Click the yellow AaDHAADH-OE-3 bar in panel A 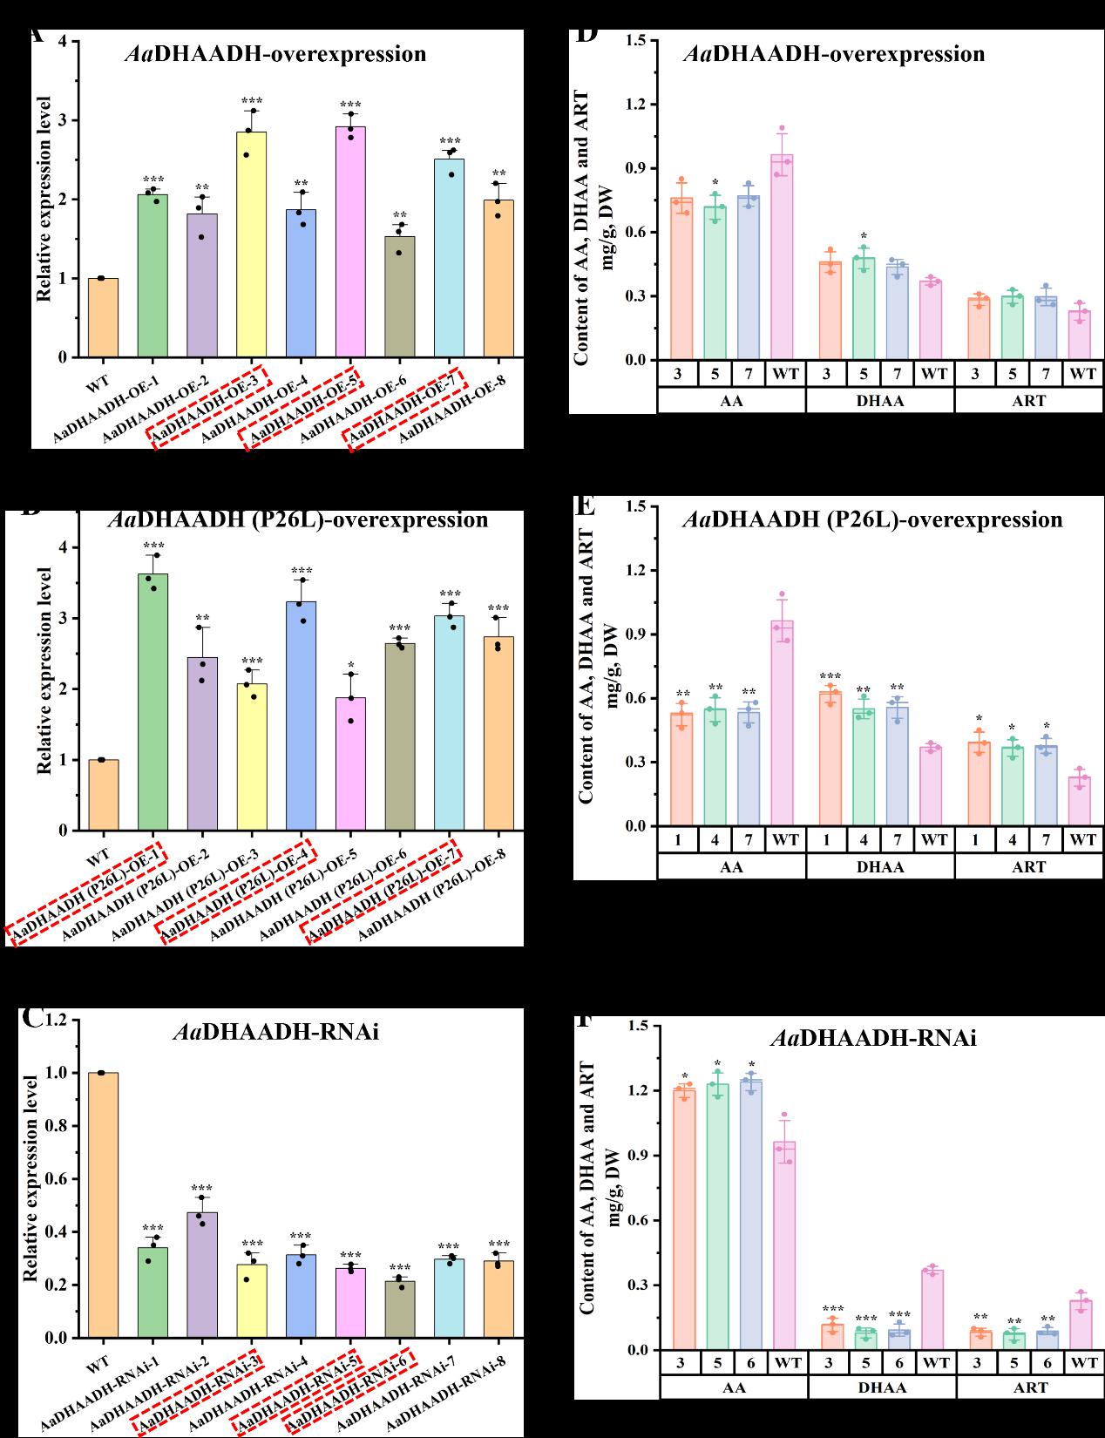pos(251,245)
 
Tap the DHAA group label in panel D pos(880,401)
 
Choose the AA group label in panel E pos(732,867)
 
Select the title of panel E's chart pos(872,520)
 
